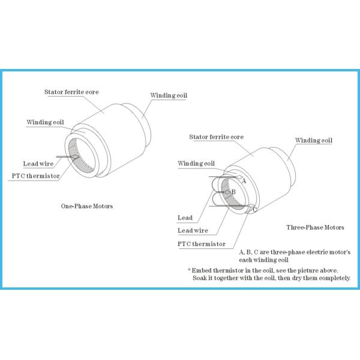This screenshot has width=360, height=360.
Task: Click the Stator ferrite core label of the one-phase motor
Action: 71,92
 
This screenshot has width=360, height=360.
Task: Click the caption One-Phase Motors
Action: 87,206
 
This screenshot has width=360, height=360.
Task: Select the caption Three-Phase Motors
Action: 315,227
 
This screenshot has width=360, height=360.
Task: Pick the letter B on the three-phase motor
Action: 233,191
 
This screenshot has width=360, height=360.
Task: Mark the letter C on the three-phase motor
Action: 255,209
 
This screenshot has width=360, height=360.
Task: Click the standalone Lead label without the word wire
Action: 185,217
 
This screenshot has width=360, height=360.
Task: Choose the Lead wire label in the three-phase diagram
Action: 193,230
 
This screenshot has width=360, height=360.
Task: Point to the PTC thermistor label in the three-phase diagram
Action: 202,244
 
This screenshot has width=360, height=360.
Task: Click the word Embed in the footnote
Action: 202,271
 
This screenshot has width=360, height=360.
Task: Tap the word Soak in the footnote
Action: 200,278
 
